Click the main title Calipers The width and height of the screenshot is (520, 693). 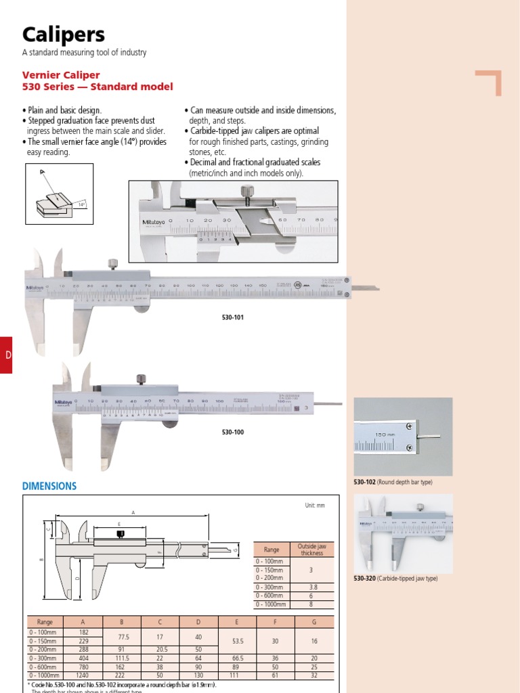[x=64, y=35]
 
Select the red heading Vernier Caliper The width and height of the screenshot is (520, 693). [x=61, y=74]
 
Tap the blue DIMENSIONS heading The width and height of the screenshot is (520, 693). [x=49, y=486]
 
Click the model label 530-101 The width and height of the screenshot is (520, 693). [x=232, y=317]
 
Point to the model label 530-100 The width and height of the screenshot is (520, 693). [x=232, y=430]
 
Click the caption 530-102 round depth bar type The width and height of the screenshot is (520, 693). [x=393, y=482]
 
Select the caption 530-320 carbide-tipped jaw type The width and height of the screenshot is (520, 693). [x=395, y=579]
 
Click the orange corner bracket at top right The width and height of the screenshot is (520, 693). [x=489, y=83]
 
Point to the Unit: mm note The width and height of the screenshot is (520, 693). [x=316, y=506]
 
